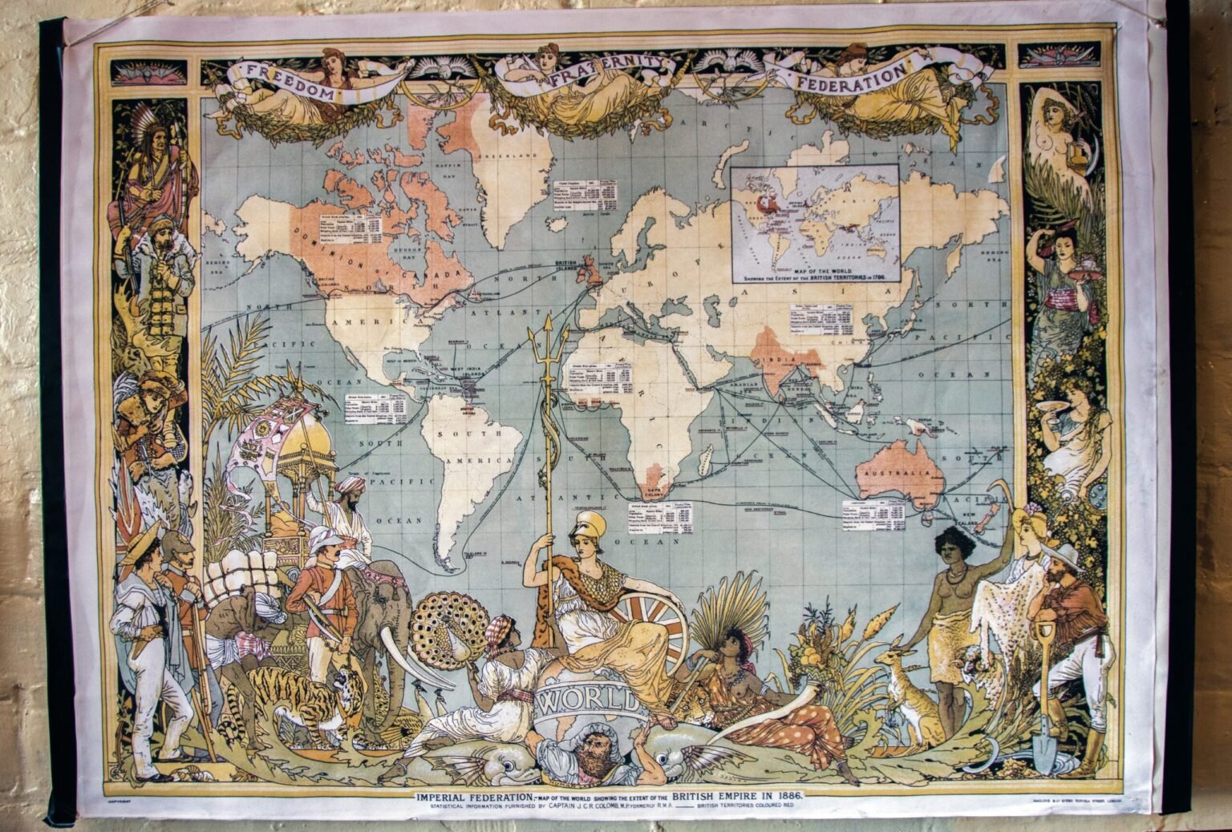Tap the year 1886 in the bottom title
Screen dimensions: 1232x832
[786, 795]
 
